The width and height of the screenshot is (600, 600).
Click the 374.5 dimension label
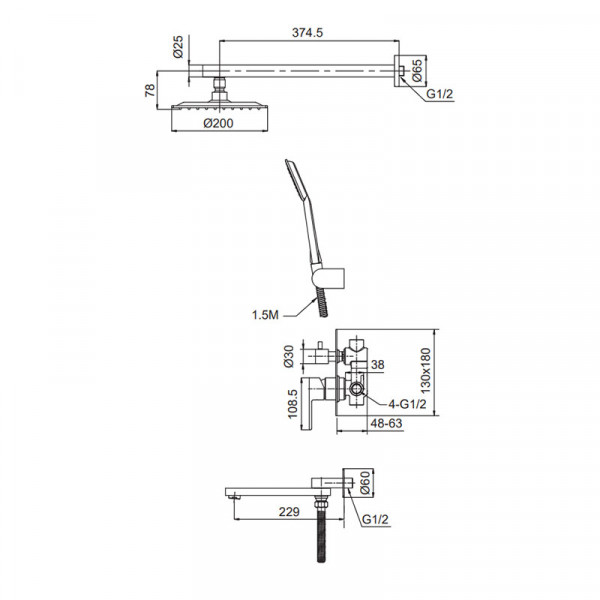click(307, 33)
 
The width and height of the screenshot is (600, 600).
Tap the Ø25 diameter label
click(178, 47)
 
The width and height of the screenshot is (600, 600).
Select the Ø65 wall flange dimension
click(417, 70)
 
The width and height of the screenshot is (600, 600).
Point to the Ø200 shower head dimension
click(218, 123)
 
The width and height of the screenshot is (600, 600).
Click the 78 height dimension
click(150, 90)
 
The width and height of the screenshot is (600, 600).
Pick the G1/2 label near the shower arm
click(440, 94)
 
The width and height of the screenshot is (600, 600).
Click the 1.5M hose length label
click(265, 315)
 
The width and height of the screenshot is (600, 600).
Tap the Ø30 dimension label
click(289, 356)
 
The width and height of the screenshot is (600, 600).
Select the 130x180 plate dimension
click(426, 371)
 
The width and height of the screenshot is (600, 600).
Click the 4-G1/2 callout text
click(407, 404)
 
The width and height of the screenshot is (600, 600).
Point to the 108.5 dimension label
click(292, 404)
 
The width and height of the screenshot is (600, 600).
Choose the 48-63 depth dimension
click(386, 423)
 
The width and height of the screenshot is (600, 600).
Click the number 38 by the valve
click(377, 365)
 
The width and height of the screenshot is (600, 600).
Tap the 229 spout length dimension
click(289, 512)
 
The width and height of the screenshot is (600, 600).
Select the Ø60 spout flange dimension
click(365, 483)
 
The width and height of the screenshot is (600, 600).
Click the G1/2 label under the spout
click(375, 519)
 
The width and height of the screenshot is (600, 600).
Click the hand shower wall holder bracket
click(328, 278)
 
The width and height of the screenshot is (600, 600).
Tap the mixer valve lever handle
click(313, 403)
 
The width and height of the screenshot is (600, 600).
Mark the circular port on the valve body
click(357, 390)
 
